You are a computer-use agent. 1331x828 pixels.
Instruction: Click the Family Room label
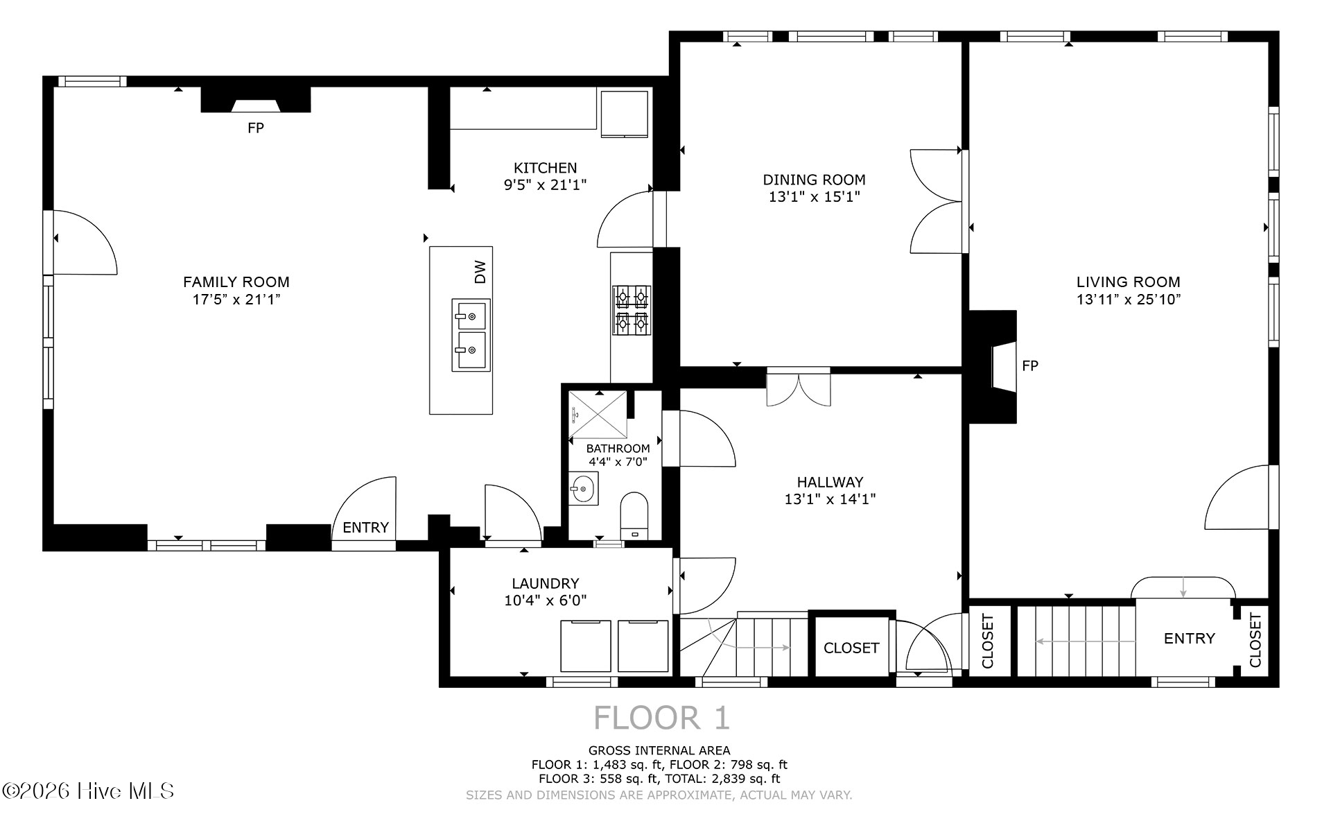click(236, 282)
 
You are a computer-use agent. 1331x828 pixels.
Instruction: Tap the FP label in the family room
click(256, 128)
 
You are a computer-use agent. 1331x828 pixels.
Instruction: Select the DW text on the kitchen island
click(480, 272)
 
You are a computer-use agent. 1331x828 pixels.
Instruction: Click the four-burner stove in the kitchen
click(632, 310)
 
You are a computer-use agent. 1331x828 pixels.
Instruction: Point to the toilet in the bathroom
click(634, 515)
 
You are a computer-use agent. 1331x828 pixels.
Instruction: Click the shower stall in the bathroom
click(597, 414)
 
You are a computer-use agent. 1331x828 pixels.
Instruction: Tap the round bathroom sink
click(583, 489)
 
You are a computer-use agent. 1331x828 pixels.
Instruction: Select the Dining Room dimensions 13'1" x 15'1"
click(814, 197)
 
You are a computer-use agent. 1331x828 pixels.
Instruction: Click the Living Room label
click(1128, 282)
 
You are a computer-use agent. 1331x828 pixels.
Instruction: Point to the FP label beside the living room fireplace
click(1030, 365)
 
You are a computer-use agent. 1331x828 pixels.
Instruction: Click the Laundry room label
click(545, 583)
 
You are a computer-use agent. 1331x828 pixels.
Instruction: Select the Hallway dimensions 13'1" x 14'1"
click(830, 499)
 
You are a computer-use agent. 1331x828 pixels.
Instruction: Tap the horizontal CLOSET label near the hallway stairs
click(851, 648)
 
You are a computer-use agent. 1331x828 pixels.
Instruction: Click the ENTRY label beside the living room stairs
click(1189, 638)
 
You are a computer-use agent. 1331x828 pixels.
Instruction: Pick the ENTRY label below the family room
click(365, 527)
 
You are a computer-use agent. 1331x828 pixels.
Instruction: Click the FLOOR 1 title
click(662, 718)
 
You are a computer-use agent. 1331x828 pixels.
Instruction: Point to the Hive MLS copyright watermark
click(88, 791)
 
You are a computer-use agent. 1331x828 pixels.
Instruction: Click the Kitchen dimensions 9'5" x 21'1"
click(545, 185)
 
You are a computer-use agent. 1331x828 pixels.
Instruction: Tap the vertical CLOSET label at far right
click(1255, 641)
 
